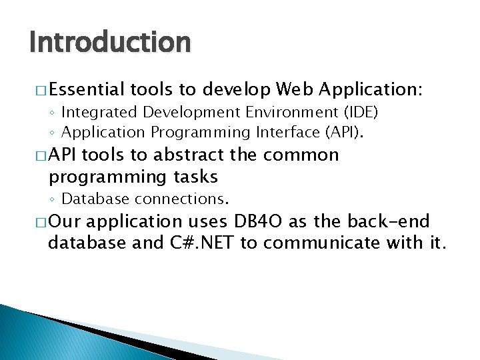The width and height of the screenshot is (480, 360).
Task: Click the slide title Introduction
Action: click(110, 43)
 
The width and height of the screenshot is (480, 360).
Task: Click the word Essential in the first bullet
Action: click(87, 89)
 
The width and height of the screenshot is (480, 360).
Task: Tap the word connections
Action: click(182, 199)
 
